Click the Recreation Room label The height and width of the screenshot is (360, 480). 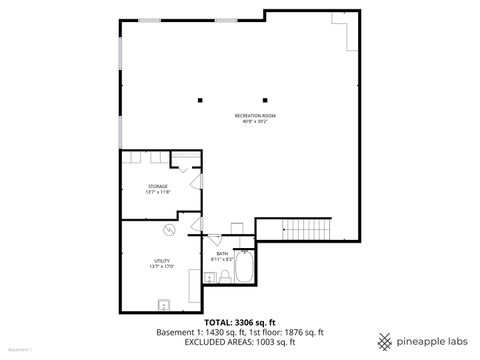coord(255,116)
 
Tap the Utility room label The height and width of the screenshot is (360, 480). coord(161,261)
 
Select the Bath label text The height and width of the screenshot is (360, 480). coord(222,253)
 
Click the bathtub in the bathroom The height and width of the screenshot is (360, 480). coord(245,267)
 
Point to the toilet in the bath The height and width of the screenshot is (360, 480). coord(226,274)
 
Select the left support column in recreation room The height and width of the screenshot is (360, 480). coord(200,98)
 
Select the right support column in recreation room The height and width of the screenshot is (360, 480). coord(266,98)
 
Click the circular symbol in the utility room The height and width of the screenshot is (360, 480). coord(170,230)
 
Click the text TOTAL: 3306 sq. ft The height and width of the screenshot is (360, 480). coord(239,322)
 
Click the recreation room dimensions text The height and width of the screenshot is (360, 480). coord(255,122)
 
